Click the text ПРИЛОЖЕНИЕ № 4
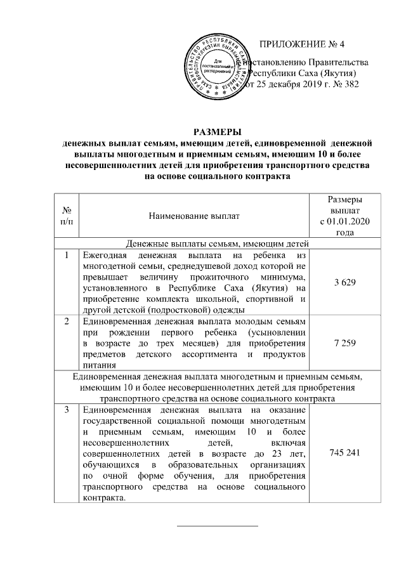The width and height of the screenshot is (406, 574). click(302, 44)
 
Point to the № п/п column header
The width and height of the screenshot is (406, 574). click(65, 216)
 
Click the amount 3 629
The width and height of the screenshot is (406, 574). click(344, 281)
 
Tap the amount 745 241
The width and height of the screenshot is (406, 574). click(344, 453)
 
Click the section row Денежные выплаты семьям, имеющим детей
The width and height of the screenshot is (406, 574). click(217, 243)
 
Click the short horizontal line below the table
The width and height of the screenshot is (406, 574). click(217, 526)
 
